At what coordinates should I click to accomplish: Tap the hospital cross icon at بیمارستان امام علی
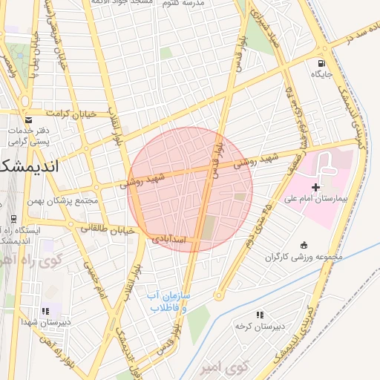[317, 187]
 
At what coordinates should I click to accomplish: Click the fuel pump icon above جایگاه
[321, 63]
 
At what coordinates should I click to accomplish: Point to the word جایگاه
[321, 74]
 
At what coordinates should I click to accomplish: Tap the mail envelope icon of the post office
[28, 119]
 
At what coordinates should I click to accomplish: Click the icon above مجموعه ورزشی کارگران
[303, 246]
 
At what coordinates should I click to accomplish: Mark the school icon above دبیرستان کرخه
[260, 315]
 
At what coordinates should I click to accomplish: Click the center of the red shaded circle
[190, 189]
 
